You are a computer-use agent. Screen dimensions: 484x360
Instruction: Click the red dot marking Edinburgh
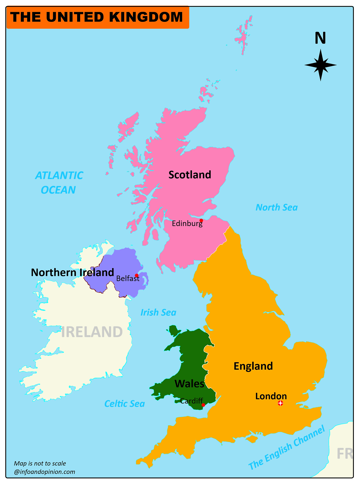[x=201, y=220]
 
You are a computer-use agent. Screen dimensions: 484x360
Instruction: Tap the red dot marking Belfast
[x=136, y=275]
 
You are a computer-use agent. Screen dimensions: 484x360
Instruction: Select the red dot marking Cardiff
[x=203, y=405]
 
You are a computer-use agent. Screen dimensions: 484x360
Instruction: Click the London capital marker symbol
[x=280, y=403]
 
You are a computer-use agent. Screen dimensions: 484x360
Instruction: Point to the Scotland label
[x=190, y=175]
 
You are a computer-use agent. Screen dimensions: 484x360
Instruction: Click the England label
[x=253, y=366]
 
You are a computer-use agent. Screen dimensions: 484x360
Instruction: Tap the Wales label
[x=189, y=384]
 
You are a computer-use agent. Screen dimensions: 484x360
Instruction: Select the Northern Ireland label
[x=72, y=273]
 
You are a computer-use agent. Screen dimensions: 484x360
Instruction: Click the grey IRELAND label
[x=92, y=332]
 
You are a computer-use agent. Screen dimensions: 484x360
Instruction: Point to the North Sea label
[x=276, y=208]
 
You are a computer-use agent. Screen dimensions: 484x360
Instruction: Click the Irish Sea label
[x=158, y=312]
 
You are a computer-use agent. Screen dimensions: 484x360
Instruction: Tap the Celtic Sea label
[x=124, y=404]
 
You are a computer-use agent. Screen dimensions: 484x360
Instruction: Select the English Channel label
[x=287, y=448]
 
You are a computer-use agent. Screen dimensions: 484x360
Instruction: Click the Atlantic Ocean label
[x=59, y=183]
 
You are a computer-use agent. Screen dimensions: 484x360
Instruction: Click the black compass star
[x=320, y=65]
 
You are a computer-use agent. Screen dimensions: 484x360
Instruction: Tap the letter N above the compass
[x=320, y=38]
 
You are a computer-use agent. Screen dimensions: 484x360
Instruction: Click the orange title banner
[x=98, y=17]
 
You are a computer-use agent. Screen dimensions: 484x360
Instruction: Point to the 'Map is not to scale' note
[x=40, y=463]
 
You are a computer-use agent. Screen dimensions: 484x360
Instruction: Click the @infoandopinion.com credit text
[x=44, y=472]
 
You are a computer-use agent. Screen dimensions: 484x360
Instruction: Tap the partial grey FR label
[x=345, y=454]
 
